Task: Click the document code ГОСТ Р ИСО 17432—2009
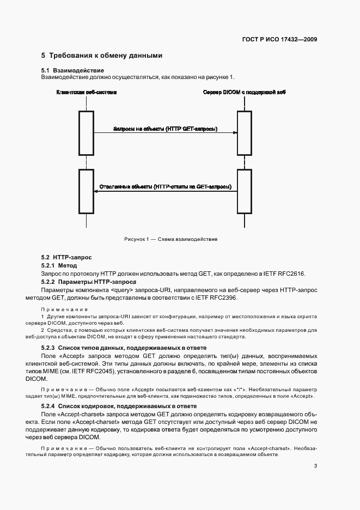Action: tap(280, 40)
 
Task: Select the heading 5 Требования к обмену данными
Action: tap(102, 56)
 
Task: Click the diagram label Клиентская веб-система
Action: tap(87, 93)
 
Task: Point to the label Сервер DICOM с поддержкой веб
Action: tap(245, 93)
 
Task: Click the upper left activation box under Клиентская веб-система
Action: tap(86, 133)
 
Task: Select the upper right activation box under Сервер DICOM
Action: tap(245, 133)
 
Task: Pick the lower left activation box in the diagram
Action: tap(86, 191)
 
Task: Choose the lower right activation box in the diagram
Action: tap(245, 191)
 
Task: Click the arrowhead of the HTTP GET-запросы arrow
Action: tap(235, 132)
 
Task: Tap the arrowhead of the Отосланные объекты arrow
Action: tap(96, 191)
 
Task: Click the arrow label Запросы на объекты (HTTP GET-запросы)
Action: tap(165, 129)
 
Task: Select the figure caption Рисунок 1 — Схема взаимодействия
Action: tap(170, 239)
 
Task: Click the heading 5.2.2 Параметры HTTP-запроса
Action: tap(89, 282)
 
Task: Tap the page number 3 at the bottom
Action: tap(315, 465)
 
